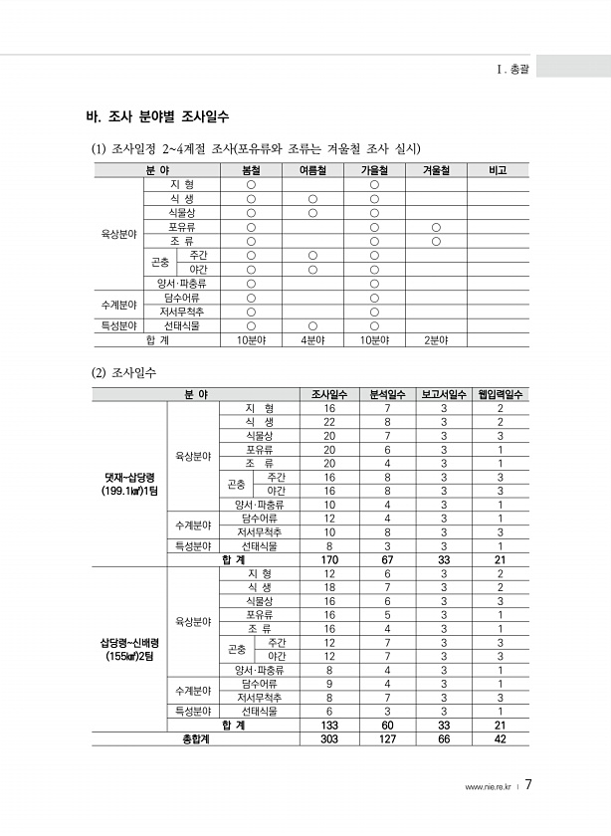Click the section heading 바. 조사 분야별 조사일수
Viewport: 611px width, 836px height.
(x=159, y=117)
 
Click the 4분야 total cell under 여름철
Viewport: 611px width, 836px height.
(x=312, y=339)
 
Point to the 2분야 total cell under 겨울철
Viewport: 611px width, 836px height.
(x=436, y=339)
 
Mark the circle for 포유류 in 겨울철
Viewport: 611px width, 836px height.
(x=436, y=227)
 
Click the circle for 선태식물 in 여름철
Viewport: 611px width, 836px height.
(x=312, y=325)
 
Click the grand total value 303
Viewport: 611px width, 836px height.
(x=329, y=738)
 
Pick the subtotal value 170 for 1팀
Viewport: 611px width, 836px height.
(x=329, y=559)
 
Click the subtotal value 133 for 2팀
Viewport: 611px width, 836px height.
(x=329, y=725)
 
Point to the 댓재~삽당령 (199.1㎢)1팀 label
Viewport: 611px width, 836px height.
(x=129, y=484)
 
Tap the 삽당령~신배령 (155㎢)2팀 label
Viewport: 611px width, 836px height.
(x=129, y=649)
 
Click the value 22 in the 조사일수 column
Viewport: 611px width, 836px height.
(x=329, y=422)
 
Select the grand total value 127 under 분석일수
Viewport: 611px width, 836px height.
(x=387, y=738)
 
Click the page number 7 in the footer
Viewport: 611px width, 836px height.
(x=529, y=784)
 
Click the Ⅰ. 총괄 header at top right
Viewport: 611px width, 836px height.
(x=512, y=70)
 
